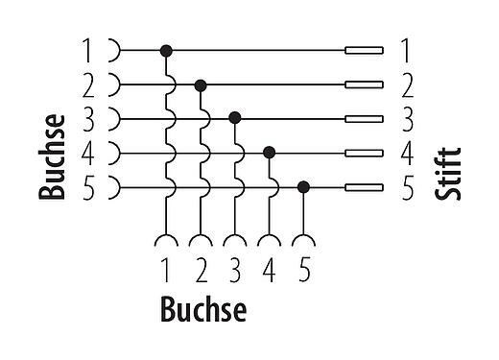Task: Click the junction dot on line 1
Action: coord(166,49)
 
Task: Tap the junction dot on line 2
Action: coord(201,84)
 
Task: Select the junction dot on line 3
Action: coord(235,118)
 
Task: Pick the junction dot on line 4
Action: coord(270,152)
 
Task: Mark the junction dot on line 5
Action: coord(303,186)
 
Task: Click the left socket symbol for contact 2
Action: coord(113,84)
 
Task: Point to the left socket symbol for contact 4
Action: coord(113,152)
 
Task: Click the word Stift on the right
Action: coord(447,172)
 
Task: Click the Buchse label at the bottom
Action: coord(203,310)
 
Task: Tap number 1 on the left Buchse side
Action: coord(88,49)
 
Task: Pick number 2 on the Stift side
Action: coord(406,84)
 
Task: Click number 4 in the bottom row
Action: coord(270,271)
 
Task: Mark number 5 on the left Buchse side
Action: coord(88,187)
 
